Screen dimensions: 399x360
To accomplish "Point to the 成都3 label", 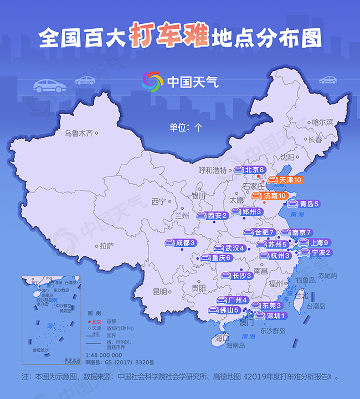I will point(181,243).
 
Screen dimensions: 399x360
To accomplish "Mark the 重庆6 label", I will point(215,258).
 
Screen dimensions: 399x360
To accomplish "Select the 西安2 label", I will point(213,216).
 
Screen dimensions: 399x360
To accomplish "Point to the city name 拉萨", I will point(106,246).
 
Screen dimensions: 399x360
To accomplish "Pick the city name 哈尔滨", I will point(322,122).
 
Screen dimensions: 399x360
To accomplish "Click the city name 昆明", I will point(160,292).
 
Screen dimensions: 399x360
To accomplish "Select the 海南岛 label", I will point(235,345).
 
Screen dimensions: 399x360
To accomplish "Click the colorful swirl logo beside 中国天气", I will point(152,82).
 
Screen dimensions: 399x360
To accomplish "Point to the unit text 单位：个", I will point(186,126).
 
